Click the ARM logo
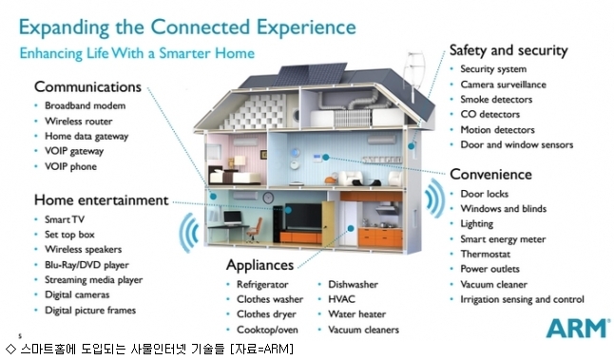578,328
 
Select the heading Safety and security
508,50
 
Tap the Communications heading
87,86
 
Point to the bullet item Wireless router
78,122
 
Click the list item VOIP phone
70,166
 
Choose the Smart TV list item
65,219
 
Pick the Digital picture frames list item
90,311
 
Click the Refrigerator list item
262,284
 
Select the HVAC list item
341,299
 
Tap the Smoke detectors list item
496,100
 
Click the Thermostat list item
485,254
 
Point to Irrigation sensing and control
522,299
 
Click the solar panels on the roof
310,74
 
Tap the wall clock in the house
268,198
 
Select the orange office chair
255,230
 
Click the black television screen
303,217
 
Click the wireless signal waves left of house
189,233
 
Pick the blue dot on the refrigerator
351,229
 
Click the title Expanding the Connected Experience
187,28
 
